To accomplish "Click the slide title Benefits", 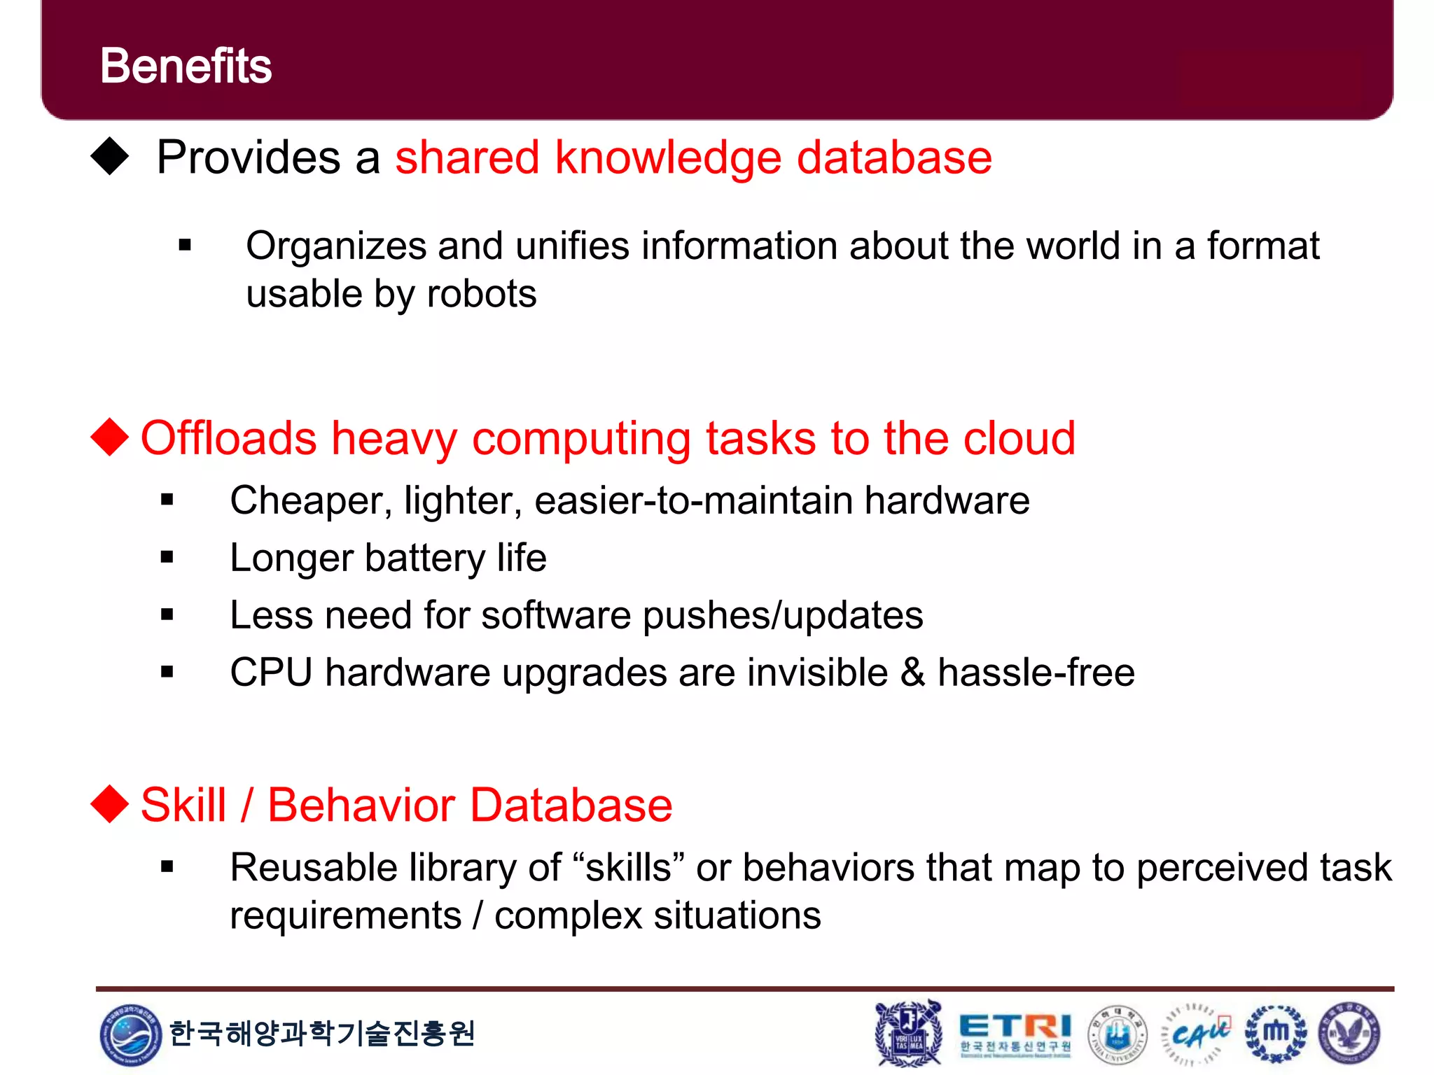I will click(x=186, y=66).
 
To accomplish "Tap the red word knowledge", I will click(x=667, y=158).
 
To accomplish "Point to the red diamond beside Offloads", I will click(x=110, y=437).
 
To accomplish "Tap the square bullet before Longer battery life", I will click(x=167, y=558).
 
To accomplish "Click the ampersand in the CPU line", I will click(x=912, y=673).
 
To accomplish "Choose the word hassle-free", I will click(x=1036, y=673).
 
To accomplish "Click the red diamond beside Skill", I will click(x=110, y=803).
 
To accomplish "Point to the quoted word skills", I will click(x=628, y=868).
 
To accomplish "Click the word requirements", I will click(x=345, y=915).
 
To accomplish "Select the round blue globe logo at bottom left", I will click(x=130, y=1034).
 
